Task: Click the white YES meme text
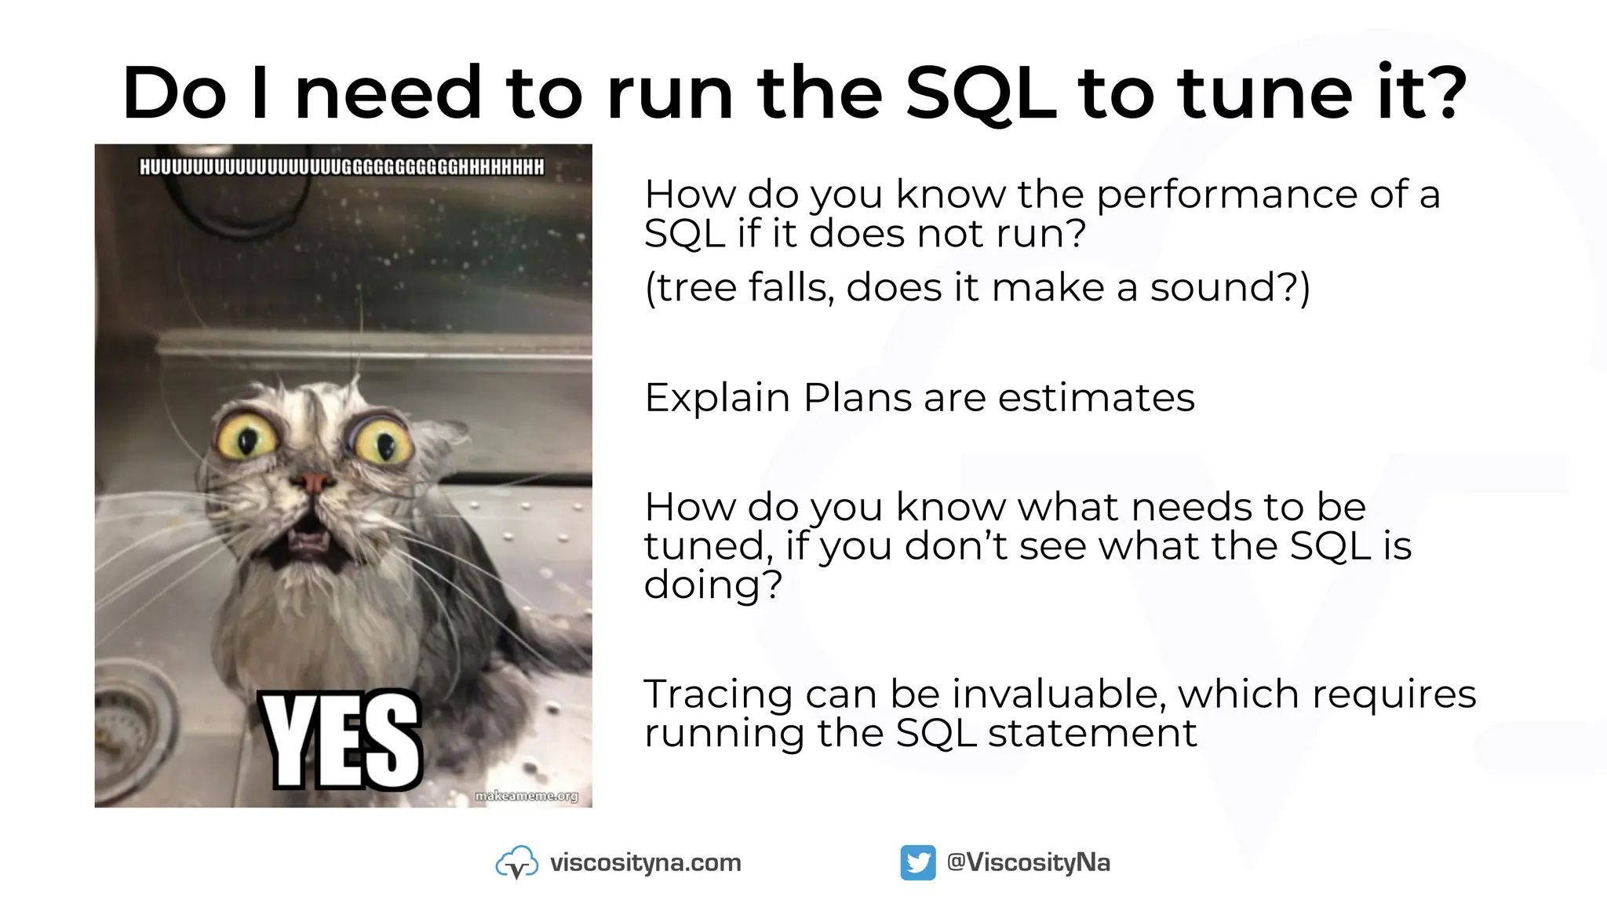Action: pyautogui.click(x=342, y=741)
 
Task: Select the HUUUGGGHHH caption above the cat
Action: pyautogui.click(x=341, y=167)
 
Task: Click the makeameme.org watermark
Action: pyautogui.click(x=527, y=796)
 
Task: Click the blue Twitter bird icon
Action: pyautogui.click(x=917, y=862)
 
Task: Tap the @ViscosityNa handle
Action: pyautogui.click(x=1028, y=862)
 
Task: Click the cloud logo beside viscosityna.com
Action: pyautogui.click(x=516, y=862)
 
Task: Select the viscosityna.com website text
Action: pyautogui.click(x=645, y=862)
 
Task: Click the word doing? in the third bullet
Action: pyautogui.click(x=712, y=585)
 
